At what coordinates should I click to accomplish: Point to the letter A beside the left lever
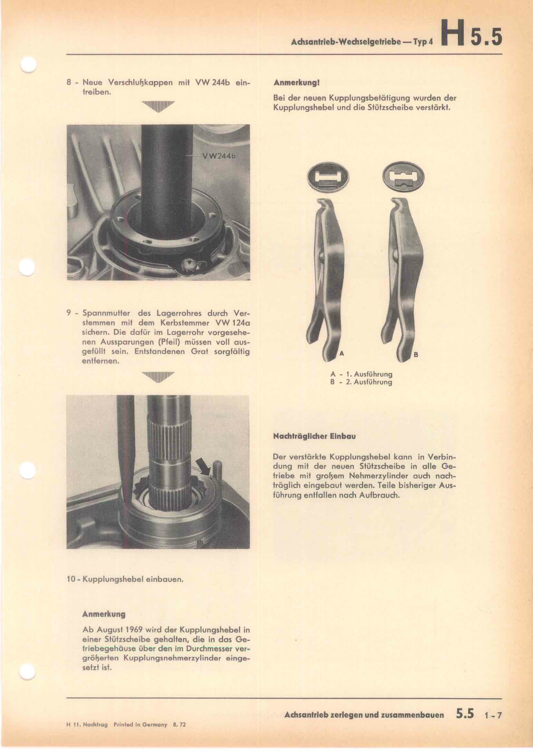[341, 353]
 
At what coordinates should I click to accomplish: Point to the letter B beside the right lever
[415, 355]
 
